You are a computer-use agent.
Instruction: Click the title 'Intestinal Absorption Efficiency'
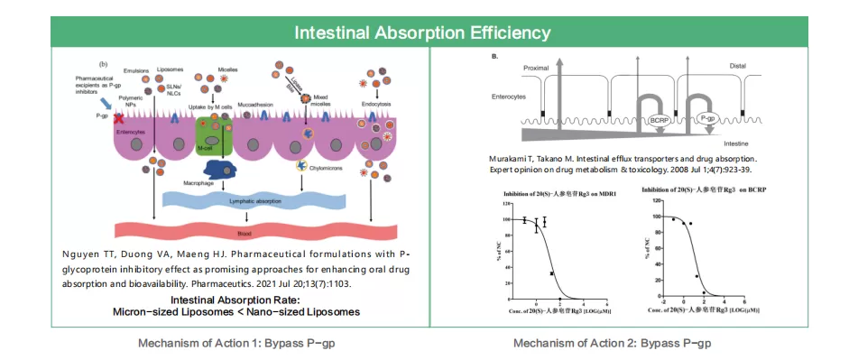click(423, 32)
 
